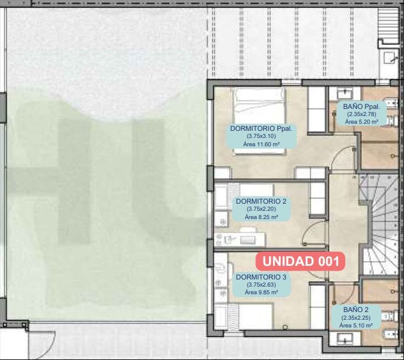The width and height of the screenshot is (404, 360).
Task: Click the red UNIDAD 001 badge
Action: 300,261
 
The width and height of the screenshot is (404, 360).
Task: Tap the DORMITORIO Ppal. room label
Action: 261,128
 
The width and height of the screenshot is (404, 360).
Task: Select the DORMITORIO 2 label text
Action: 261,201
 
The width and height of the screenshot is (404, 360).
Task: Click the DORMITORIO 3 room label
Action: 261,277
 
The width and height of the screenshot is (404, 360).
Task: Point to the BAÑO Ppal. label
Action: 361,107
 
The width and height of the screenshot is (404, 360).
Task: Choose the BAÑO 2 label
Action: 356,310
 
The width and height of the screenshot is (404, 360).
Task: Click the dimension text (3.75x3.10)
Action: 261,136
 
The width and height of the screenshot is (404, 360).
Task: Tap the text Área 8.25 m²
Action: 261,217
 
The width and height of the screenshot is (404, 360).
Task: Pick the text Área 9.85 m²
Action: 261,292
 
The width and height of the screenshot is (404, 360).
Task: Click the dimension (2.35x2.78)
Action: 361,114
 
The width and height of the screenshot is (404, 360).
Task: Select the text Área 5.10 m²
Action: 356,326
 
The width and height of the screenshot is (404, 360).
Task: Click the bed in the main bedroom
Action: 259,121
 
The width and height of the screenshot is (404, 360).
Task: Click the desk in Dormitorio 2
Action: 240,239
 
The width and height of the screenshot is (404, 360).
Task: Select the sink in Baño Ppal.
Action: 345,92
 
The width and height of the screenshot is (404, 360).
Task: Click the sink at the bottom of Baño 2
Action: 345,337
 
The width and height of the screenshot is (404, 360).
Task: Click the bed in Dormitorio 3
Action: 255,316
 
